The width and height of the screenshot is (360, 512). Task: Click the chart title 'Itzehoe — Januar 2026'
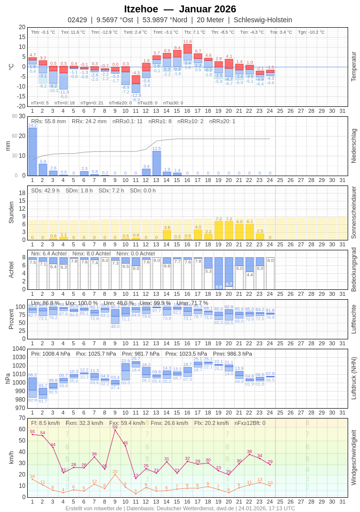(180, 9)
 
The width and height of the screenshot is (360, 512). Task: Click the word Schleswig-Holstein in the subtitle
(263, 20)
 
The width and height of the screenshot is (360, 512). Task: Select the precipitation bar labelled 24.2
(33, 151)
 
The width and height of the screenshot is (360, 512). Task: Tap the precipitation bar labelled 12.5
(157, 163)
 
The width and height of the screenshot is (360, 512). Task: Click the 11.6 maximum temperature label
(187, 42)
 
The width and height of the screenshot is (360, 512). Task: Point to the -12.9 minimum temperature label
(136, 95)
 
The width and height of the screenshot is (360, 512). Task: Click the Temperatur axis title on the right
(353, 66)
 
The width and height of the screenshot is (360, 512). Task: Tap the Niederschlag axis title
(353, 146)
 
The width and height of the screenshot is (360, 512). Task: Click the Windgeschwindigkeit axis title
(353, 457)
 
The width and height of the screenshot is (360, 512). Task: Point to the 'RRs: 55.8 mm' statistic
(48, 121)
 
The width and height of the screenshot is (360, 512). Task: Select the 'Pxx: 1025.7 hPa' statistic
(96, 354)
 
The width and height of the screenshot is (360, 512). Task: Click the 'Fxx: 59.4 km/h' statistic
(127, 423)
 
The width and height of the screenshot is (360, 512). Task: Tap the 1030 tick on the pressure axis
(19, 357)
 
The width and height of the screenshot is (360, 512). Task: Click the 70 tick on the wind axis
(22, 418)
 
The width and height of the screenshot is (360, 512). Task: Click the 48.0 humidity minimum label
(115, 326)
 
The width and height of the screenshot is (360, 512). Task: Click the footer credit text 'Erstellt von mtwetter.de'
(93, 508)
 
